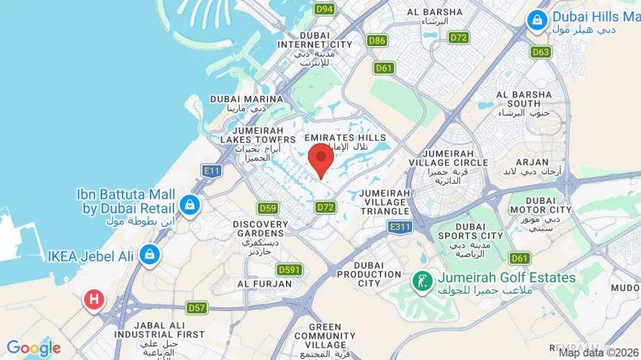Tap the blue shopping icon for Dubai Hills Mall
pyautogui.click(x=537, y=20)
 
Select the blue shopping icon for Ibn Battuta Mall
pyautogui.click(x=189, y=204)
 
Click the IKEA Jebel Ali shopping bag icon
pyautogui.click(x=149, y=254)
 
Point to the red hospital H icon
pyautogui.click(x=93, y=299)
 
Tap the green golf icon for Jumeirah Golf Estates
pyautogui.click(x=421, y=282)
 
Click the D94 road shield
pyautogui.click(x=325, y=9)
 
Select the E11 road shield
pyautogui.click(x=211, y=171)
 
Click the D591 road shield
pyautogui.click(x=290, y=269)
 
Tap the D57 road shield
pyautogui.click(x=196, y=307)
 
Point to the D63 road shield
pyautogui.click(x=541, y=52)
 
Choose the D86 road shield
pyautogui.click(x=377, y=40)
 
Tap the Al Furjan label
pyautogui.click(x=264, y=284)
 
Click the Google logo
pyautogui.click(x=34, y=348)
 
